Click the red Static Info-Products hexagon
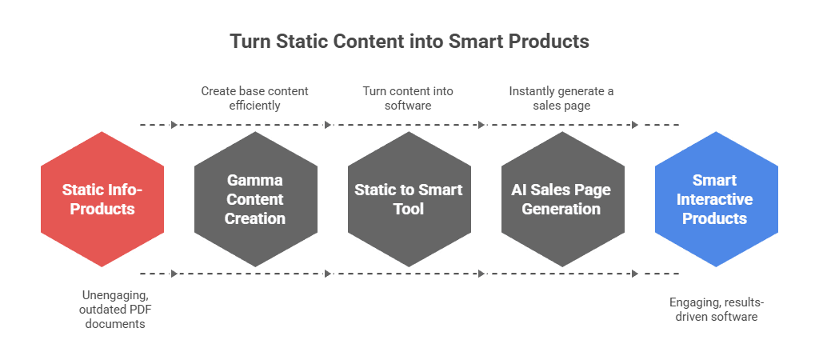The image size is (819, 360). coord(102,199)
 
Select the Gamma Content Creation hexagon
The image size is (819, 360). coord(256,199)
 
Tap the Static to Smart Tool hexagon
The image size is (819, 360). coord(409,199)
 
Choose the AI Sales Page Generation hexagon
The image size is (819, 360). coord(563,199)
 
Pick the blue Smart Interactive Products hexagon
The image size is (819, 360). coord(716,199)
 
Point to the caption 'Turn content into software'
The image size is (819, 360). coord(407,98)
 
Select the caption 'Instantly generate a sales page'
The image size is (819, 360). coord(561,98)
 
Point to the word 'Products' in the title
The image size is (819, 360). coord(549,41)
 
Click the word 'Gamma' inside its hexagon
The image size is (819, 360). coord(256,180)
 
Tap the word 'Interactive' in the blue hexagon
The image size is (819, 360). coord(716,199)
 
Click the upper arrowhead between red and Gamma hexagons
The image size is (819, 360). coord(174,125)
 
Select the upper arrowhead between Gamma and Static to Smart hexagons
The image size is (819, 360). coord(328,125)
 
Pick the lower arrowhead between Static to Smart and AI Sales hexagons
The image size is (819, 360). coord(481,274)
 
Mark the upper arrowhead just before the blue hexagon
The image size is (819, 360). coord(635,125)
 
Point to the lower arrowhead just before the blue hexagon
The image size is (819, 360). coord(635,274)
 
